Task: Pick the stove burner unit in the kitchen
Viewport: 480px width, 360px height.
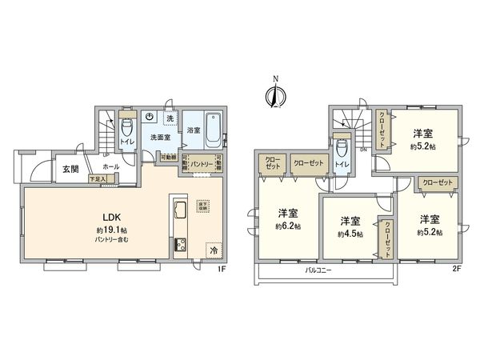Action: tap(178, 244)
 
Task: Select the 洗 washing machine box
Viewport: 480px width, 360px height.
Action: tap(169, 118)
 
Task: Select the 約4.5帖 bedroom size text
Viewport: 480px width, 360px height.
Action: tap(350, 234)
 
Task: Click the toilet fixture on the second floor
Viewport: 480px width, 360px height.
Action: tap(342, 149)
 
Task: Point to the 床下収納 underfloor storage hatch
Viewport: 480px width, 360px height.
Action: tap(203, 205)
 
